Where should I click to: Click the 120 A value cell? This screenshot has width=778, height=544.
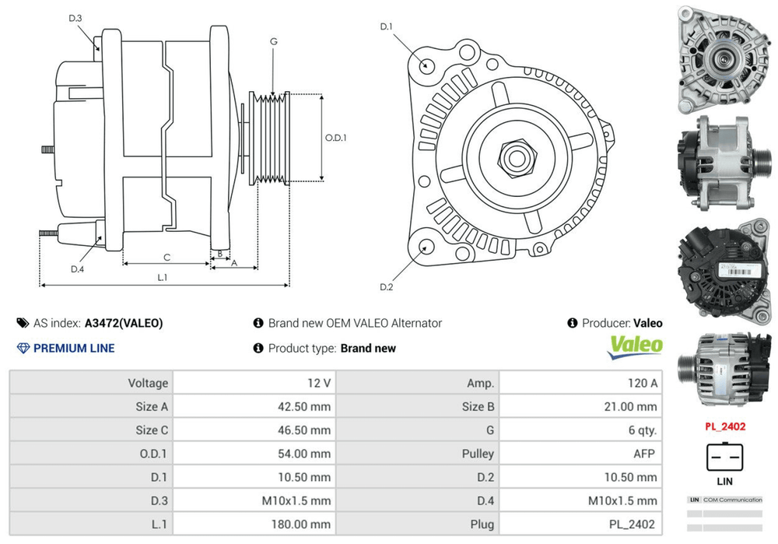click(x=642, y=383)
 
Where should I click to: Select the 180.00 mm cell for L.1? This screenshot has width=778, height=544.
click(x=300, y=524)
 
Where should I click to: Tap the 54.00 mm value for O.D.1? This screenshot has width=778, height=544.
click(x=300, y=453)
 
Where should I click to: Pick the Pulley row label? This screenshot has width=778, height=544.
click(x=477, y=453)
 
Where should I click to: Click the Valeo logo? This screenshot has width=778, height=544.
click(x=635, y=346)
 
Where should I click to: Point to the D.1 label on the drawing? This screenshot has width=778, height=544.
click(x=387, y=27)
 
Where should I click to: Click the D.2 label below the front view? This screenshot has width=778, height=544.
click(x=387, y=288)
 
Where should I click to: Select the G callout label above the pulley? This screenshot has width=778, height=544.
click(x=274, y=40)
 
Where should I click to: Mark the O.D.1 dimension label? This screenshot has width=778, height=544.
click(x=335, y=138)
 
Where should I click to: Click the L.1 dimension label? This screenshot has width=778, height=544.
click(x=163, y=277)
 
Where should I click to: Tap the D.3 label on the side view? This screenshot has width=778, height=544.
click(x=75, y=18)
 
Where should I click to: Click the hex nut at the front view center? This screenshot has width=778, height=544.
click(x=515, y=156)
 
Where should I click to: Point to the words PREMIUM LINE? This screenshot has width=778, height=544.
click(x=73, y=348)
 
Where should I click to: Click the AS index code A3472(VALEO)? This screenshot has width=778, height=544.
click(x=124, y=323)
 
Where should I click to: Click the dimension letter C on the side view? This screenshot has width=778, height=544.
click(x=166, y=257)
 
